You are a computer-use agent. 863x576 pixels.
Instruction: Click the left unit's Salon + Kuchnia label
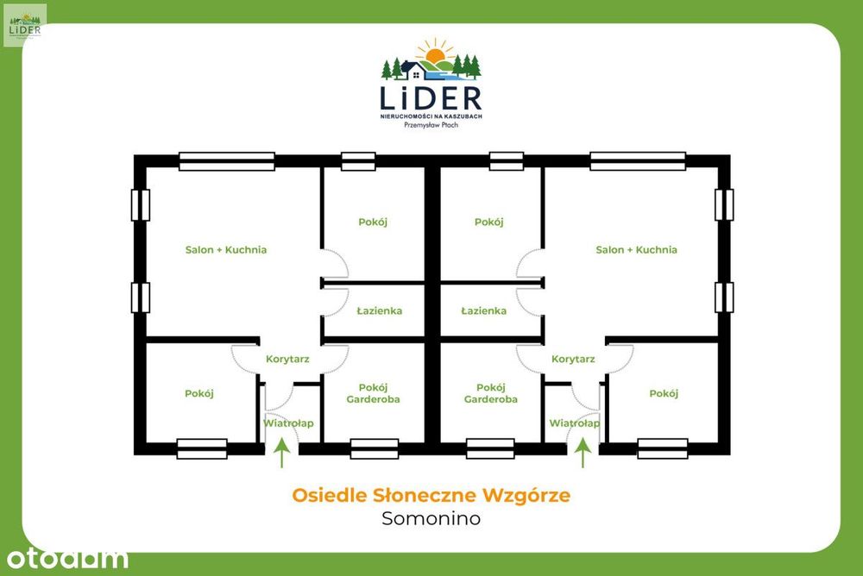225,250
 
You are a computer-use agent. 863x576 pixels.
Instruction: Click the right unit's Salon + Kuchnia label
636,250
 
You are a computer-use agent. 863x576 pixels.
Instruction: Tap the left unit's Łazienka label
379,310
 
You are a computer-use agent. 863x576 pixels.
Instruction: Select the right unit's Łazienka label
484,310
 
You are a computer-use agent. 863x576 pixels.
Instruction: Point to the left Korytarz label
287,360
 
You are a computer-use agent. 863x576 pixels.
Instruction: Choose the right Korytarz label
573,360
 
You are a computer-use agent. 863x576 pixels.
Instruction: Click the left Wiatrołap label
288,423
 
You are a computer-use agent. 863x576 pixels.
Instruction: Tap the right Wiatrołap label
575,423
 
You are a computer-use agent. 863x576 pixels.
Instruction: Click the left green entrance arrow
282,452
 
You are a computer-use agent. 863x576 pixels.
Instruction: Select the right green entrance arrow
583,452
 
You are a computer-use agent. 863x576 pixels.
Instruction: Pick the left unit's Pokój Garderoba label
373,393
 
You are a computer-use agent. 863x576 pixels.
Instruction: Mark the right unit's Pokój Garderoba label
491,393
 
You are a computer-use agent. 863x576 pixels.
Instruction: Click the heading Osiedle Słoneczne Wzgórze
431,495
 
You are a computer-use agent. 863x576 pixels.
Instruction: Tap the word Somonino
431,518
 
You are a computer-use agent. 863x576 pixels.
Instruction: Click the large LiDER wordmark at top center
431,98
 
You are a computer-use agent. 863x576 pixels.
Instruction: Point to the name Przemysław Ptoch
431,125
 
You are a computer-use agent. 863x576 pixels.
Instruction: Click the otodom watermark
67,559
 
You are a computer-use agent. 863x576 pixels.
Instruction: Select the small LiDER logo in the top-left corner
25,25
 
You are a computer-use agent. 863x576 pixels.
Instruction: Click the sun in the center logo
435,54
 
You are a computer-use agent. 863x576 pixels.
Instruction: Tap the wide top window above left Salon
227,161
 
